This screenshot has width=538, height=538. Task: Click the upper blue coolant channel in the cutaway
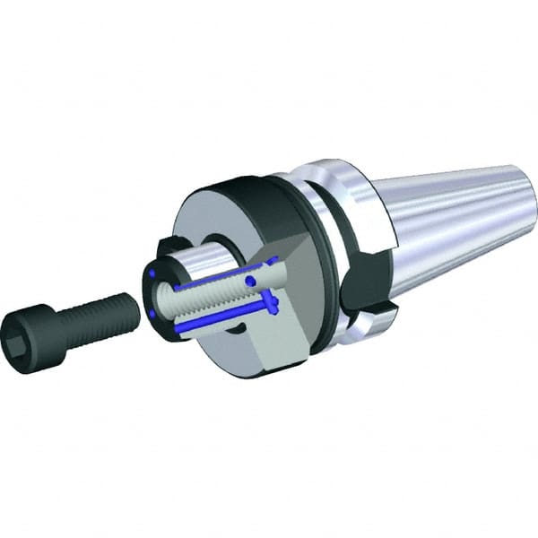point(224,278)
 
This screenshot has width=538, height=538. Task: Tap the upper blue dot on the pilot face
point(153,272)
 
